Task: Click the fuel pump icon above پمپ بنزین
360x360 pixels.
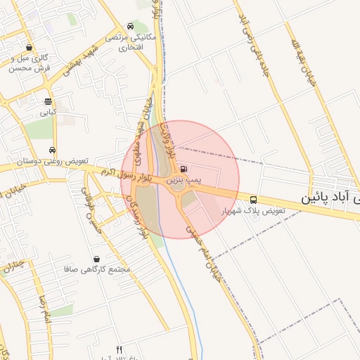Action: pyautogui.click(x=184, y=169)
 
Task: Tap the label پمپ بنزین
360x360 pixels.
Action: pyautogui.click(x=184, y=181)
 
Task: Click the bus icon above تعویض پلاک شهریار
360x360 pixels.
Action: pyautogui.click(x=253, y=199)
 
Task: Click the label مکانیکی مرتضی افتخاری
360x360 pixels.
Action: pyautogui.click(x=127, y=42)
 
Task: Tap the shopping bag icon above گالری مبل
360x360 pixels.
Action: pyautogui.click(x=29, y=47)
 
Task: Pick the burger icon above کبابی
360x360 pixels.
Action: pyautogui.click(x=48, y=101)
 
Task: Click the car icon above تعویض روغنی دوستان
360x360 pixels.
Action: pyautogui.click(x=53, y=150)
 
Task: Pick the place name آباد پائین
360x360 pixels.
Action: pyautogui.click(x=330, y=197)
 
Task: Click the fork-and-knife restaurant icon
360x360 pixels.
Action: pyautogui.click(x=119, y=349)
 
